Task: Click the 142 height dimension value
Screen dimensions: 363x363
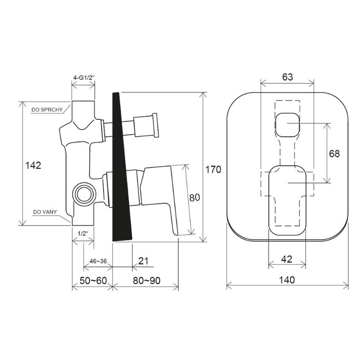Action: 33,165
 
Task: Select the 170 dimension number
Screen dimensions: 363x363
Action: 213,170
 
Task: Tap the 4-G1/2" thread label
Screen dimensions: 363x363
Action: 84,78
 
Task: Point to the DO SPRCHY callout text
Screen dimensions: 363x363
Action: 47,110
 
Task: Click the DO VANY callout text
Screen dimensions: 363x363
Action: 45,212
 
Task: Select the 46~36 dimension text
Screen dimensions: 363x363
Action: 98,261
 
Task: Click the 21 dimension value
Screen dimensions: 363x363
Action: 143,261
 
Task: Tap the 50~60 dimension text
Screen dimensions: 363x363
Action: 93,280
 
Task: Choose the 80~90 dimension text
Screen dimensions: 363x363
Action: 147,280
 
